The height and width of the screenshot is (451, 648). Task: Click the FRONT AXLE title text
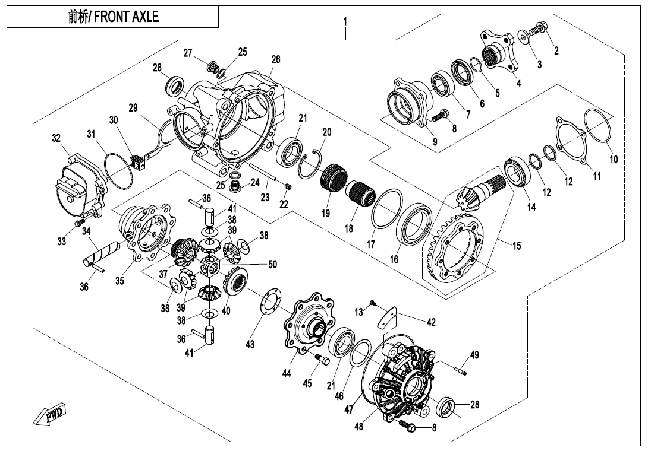coord(113,17)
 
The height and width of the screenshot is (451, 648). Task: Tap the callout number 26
coord(275,59)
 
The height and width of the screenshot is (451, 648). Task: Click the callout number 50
coord(272,265)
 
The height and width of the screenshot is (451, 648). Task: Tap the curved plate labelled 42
coord(388,317)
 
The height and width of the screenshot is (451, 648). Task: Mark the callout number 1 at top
coord(345,22)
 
